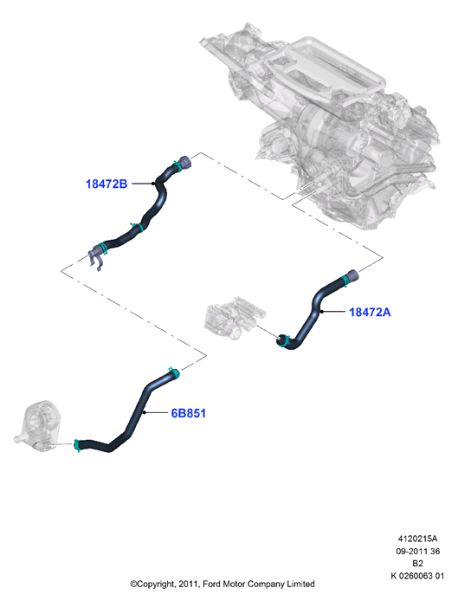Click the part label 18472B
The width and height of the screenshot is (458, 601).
106,184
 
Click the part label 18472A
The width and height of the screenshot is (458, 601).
370,312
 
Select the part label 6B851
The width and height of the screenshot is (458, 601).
188,413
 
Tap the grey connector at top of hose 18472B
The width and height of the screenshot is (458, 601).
184,162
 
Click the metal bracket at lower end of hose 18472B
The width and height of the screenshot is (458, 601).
97,257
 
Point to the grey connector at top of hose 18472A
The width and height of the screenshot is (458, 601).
352,275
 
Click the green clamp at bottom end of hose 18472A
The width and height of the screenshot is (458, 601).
284,340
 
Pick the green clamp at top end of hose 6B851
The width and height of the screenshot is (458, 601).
174,372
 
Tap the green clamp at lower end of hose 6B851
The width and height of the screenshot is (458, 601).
77,445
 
